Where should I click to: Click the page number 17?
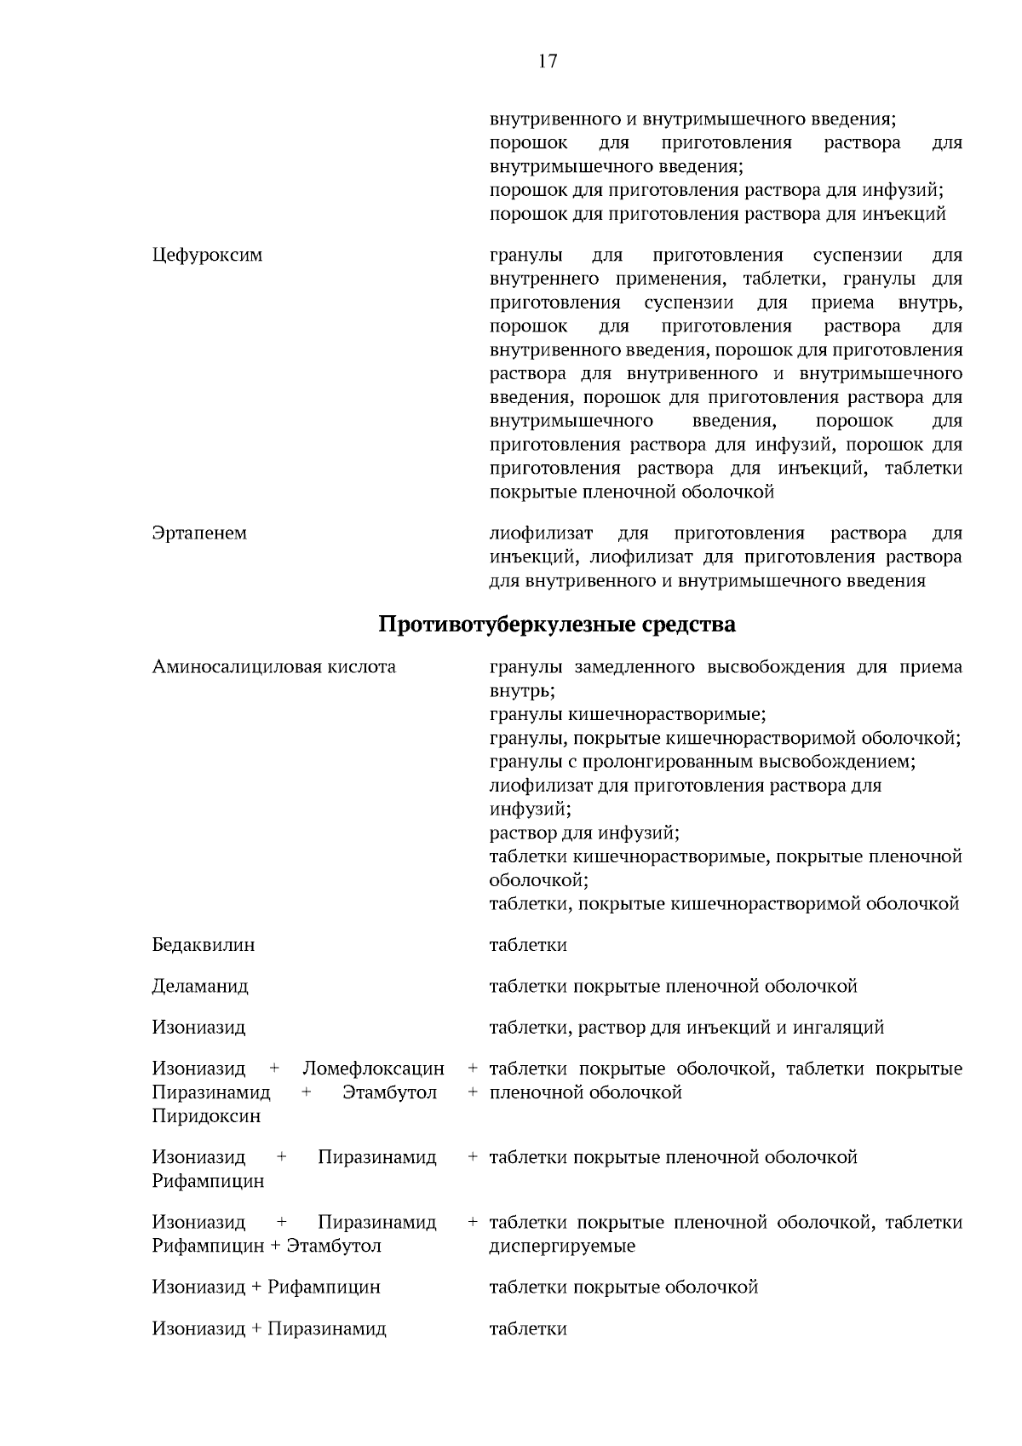tap(548, 61)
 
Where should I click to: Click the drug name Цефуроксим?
tap(207, 255)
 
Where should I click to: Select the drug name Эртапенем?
tap(199, 533)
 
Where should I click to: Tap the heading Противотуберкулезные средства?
tap(556, 625)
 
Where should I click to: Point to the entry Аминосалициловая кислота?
tap(273, 667)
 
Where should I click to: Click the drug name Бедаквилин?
tap(203, 945)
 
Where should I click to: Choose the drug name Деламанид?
tap(200, 987)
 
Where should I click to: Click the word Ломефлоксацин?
tap(373, 1069)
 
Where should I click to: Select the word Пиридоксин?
tap(206, 1116)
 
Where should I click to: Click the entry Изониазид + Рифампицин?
tap(266, 1287)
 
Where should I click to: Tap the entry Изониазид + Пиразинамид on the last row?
tap(269, 1328)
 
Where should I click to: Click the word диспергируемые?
tap(561, 1246)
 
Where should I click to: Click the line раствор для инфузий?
tap(583, 832)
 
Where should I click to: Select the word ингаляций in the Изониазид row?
tap(842, 1028)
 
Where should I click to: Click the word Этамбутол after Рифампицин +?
tap(334, 1246)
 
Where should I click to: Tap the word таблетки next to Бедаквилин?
tap(527, 945)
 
